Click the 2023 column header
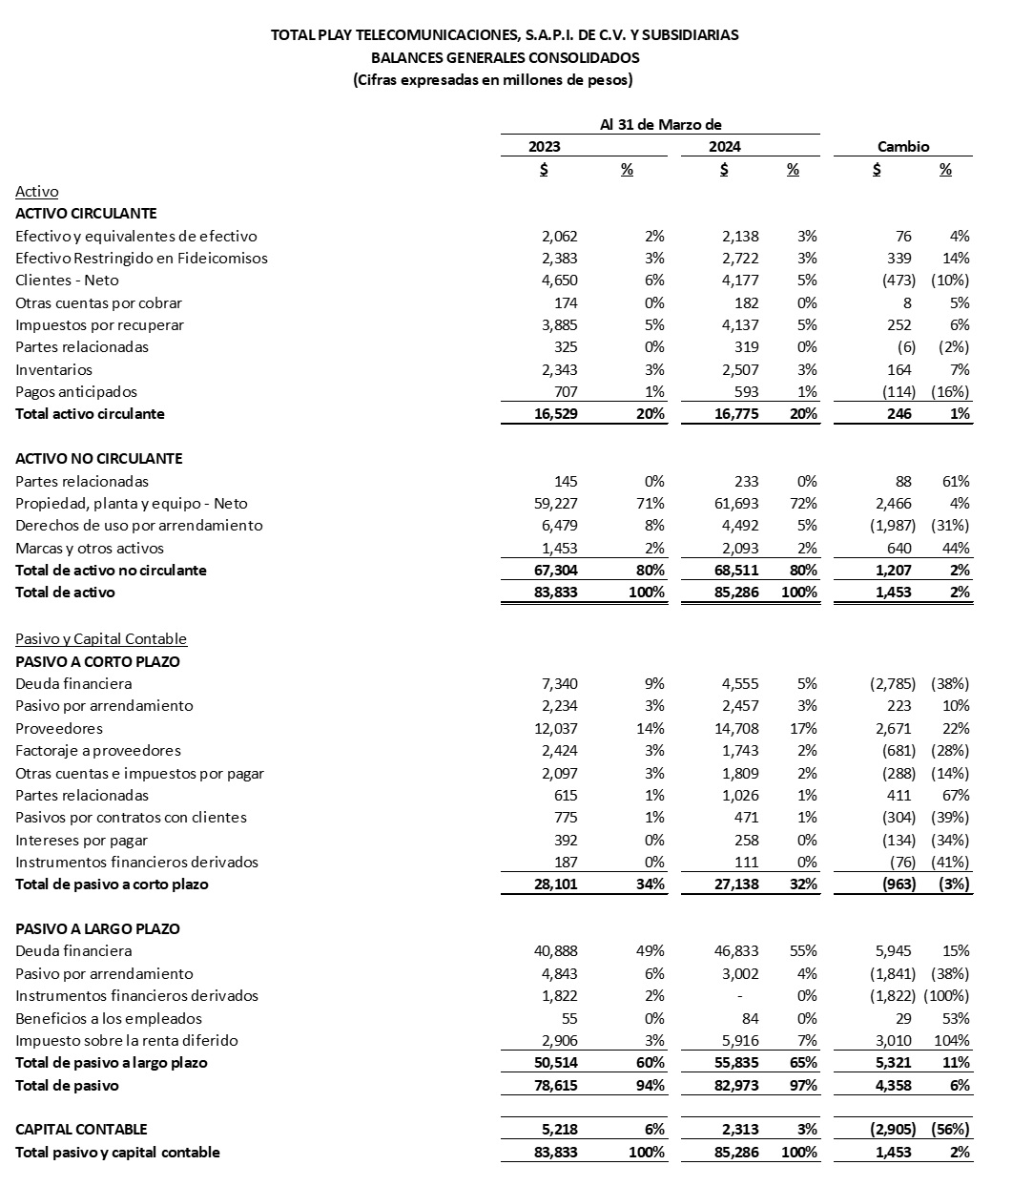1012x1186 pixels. click(545, 147)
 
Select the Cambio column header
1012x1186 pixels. click(902, 147)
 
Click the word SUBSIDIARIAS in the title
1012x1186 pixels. click(694, 35)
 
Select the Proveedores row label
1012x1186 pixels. click(59, 728)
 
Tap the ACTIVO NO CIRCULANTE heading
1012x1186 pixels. click(99, 458)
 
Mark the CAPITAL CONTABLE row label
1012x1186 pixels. click(82, 1129)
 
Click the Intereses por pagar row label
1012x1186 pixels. click(82, 840)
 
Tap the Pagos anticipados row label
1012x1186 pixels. click(76, 391)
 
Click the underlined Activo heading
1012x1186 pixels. click(37, 192)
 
